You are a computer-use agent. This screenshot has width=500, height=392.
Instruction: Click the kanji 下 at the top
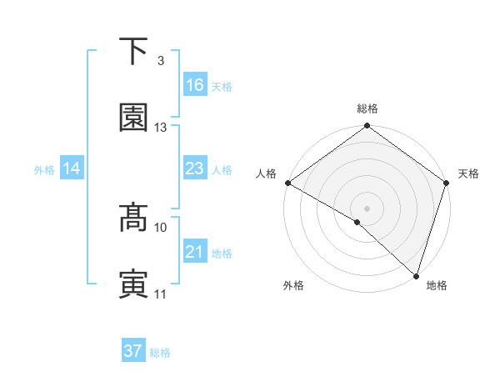134,51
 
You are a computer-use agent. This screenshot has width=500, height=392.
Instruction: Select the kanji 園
134,118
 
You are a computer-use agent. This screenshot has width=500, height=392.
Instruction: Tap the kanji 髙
134,219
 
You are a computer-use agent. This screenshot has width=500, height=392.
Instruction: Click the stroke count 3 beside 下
160,61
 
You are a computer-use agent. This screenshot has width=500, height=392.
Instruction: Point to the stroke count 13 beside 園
161,128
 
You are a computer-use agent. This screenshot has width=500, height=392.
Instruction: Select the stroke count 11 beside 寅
161,294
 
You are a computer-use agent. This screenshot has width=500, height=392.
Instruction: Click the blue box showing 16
194,84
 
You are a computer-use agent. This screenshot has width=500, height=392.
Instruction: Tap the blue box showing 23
194,168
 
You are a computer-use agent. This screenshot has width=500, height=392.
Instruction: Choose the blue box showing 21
194,252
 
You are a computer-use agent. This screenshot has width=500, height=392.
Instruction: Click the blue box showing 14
72,168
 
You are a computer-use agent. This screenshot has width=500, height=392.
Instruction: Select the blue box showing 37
133,351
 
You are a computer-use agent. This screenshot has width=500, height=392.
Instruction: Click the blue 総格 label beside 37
160,353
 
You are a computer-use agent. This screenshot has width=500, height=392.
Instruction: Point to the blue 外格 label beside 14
44,170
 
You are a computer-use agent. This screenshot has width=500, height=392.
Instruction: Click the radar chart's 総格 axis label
367,108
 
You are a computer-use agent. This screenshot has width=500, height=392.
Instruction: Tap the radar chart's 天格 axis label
468,173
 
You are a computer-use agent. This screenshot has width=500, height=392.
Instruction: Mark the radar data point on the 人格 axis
287,183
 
